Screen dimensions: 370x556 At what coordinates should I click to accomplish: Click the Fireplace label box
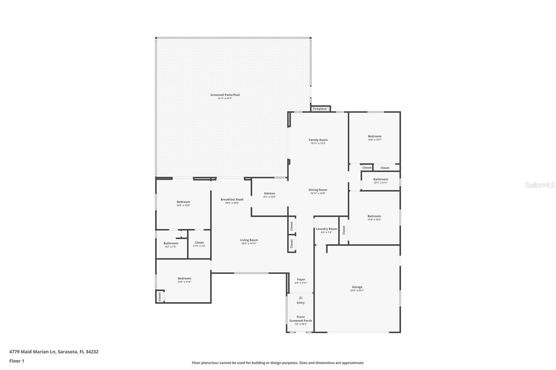(320, 109)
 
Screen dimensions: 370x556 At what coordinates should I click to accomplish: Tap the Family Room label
(318, 140)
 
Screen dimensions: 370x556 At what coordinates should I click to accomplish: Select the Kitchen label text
(270, 194)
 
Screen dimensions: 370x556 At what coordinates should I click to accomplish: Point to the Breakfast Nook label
(232, 200)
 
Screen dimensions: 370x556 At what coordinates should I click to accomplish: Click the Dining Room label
(318, 190)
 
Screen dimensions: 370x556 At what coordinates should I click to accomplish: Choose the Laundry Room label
(326, 229)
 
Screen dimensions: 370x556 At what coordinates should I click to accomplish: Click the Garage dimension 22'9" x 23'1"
(357, 291)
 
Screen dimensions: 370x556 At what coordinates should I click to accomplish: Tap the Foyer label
(301, 279)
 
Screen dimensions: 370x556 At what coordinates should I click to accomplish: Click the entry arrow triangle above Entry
(301, 297)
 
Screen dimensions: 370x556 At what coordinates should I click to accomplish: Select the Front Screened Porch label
(301, 319)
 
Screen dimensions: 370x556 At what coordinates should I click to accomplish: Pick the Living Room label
(249, 240)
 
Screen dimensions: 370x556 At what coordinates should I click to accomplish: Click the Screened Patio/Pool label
(225, 95)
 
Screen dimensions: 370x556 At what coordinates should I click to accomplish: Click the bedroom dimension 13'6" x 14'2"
(374, 219)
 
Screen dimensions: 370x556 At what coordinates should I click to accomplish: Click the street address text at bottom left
(54, 352)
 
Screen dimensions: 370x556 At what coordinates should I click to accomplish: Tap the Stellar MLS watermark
(539, 185)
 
